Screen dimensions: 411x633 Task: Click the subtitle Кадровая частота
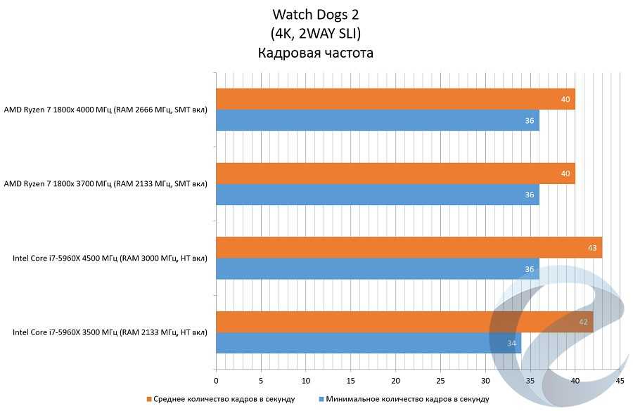pos(315,53)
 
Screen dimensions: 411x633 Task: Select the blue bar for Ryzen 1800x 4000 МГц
pos(377,120)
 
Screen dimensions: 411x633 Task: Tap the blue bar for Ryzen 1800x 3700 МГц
pos(377,195)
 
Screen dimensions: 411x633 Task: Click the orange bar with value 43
pos(409,247)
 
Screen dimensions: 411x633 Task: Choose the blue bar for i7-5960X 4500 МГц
pos(377,268)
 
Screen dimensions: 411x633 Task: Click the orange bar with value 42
pos(404,322)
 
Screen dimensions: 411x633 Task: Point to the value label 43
pos(592,248)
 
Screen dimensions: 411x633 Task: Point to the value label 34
pos(511,344)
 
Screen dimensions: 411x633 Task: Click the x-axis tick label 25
pos(440,381)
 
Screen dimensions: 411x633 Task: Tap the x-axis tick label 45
pos(620,381)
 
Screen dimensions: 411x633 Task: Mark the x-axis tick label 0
pos(216,381)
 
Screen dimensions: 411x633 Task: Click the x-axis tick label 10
pos(305,381)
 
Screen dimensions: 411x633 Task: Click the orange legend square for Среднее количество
pos(149,399)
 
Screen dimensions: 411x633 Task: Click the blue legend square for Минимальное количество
pos(321,399)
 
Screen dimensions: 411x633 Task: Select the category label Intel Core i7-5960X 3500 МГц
pos(110,332)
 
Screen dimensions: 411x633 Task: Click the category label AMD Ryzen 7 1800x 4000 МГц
pos(105,110)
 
